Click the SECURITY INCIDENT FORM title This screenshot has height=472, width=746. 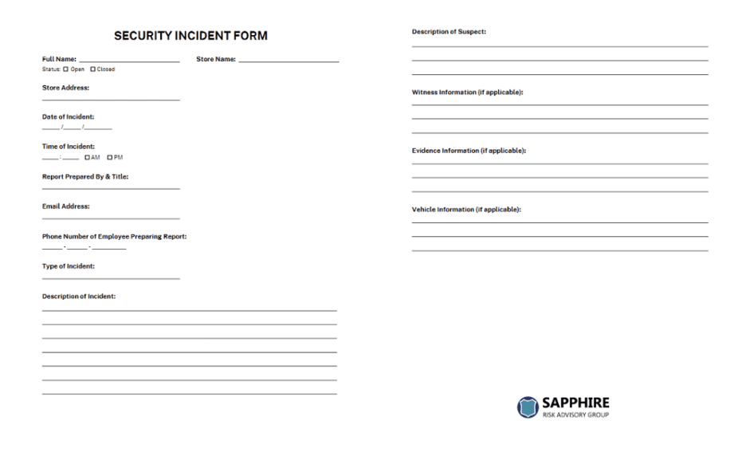(190, 36)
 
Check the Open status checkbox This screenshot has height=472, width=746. (66, 69)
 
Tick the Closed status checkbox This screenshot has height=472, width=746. (92, 69)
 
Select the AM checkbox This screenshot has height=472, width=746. (87, 157)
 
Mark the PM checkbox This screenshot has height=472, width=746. (109, 157)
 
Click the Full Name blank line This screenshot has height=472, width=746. (129, 61)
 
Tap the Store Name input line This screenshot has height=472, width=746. (289, 61)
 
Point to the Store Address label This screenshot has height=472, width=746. (65, 88)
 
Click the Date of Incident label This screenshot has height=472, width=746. (68, 117)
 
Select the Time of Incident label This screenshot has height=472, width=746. (68, 147)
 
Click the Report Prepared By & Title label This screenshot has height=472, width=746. (84, 177)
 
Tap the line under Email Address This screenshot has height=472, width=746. (111, 218)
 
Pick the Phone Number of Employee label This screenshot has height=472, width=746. (114, 237)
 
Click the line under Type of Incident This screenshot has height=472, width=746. (111, 277)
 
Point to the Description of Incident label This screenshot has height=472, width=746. (78, 297)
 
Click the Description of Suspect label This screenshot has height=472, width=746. (449, 32)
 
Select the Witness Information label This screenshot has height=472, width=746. (467, 92)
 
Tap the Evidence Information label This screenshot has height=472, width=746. (469, 151)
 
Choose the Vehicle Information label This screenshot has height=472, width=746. (466, 210)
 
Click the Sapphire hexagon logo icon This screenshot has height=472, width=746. (528, 407)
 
